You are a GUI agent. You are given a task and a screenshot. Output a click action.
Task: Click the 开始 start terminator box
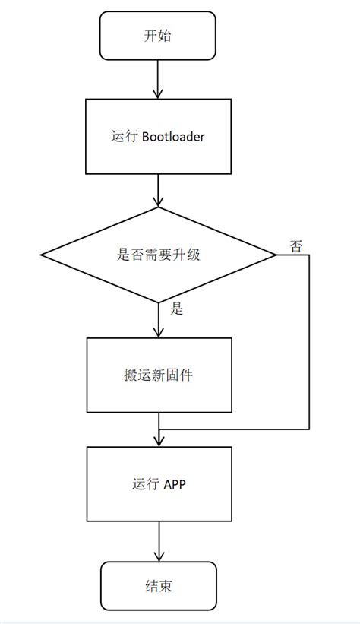(157, 36)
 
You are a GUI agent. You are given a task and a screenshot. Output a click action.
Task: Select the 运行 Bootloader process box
(157, 137)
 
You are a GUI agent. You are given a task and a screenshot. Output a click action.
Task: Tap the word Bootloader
(173, 138)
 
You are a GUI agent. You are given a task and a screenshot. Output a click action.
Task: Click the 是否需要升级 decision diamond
(158, 255)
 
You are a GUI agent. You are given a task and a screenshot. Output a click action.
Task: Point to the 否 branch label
(296, 245)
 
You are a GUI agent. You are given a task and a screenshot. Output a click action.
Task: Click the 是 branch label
(178, 309)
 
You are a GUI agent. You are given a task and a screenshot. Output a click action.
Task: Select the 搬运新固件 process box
(158, 375)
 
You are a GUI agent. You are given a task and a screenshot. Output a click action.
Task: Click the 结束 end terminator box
(158, 586)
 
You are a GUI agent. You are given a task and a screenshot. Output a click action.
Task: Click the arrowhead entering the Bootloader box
(157, 93)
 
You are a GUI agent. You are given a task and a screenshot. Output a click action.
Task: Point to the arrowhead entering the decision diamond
(158, 201)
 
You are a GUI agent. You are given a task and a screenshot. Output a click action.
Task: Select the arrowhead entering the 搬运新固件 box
(158, 332)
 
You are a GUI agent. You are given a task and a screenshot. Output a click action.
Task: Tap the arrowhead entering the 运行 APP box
(158, 441)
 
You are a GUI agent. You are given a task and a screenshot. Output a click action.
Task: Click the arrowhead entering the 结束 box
(158, 556)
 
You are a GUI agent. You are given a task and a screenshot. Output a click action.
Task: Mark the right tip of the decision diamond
(276, 255)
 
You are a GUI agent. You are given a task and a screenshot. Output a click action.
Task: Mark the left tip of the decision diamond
(40, 255)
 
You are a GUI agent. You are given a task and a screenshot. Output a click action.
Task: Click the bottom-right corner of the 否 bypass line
(309, 429)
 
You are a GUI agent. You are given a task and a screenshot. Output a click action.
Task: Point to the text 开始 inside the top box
(157, 36)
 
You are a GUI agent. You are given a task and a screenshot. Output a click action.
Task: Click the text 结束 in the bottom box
(158, 586)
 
